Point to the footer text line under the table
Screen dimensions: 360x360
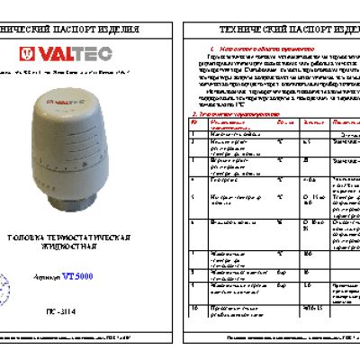(270, 346)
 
